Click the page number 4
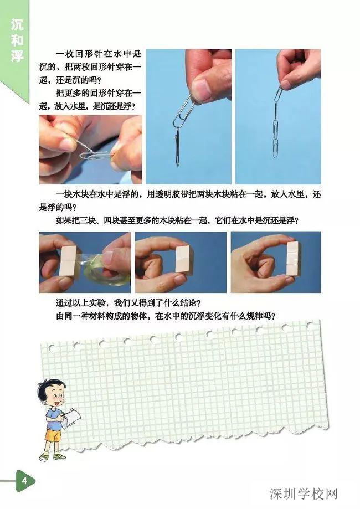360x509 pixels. point(24,480)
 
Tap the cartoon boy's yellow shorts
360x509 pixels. point(53,435)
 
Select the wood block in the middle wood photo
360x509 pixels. point(183,258)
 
